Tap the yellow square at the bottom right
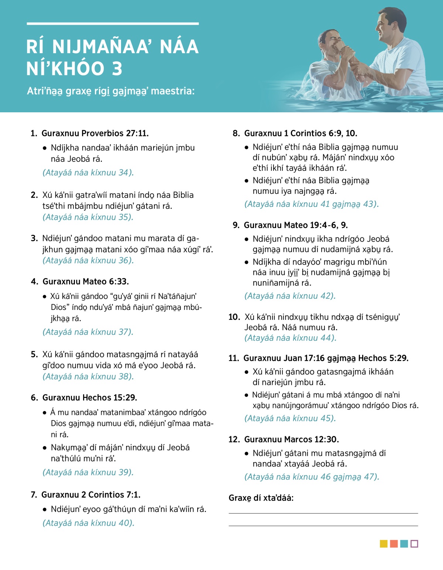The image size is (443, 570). point(384,544)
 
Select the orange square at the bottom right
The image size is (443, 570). point(394,544)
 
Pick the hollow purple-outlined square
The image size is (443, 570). point(414,544)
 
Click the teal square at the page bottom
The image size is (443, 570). point(404,544)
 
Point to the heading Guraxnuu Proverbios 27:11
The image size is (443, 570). point(95,133)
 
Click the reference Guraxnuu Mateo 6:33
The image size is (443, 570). point(86,281)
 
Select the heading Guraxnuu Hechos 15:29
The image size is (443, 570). point(90,397)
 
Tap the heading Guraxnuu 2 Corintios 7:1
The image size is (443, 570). point(91,495)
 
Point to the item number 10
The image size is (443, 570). point(234,317)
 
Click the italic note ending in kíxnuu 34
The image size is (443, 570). point(88,173)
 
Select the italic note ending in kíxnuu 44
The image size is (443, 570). point(290,338)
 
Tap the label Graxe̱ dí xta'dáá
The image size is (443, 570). point(261,498)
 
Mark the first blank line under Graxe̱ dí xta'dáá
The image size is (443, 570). point(323,513)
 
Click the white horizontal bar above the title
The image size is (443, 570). point(113,24)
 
